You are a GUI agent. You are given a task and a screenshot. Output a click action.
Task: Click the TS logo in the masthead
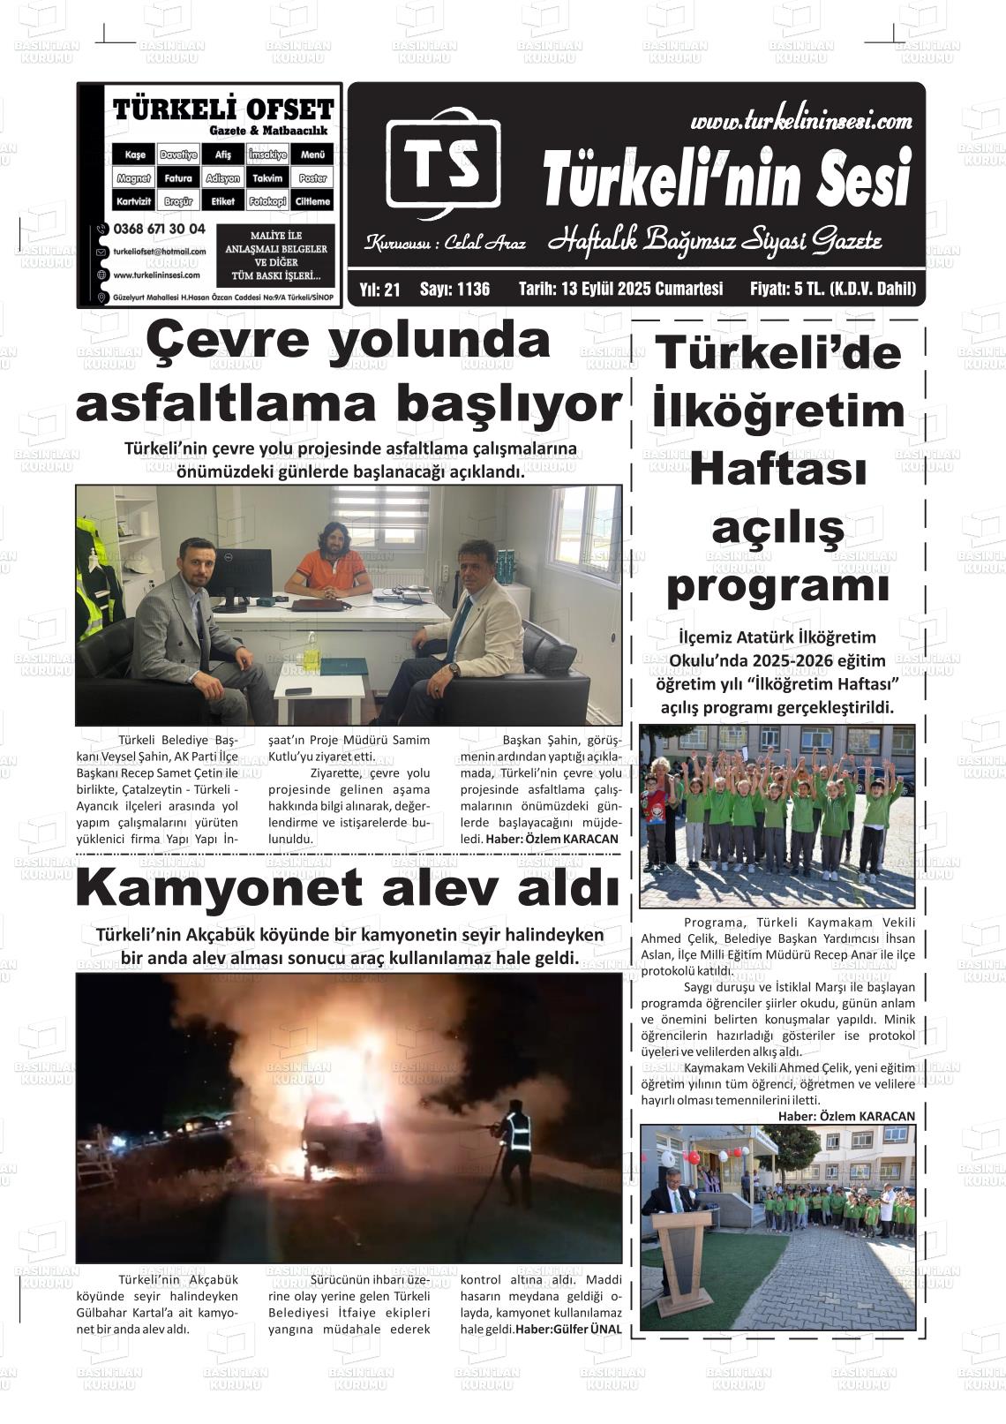coord(443,164)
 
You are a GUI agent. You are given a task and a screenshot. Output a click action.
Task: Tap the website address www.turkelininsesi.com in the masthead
coord(800,121)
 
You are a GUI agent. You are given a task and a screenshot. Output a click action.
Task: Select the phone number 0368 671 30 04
coord(159,229)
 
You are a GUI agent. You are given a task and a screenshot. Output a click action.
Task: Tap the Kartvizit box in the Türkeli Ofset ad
coord(134,201)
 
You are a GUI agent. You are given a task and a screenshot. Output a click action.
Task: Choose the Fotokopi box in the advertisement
coord(267,201)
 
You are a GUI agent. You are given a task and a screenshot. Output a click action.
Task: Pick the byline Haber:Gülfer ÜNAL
coord(568,1329)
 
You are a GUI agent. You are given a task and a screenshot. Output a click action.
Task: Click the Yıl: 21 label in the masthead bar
coord(380,289)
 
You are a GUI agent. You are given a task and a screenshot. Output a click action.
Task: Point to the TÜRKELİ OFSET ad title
coord(223,109)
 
